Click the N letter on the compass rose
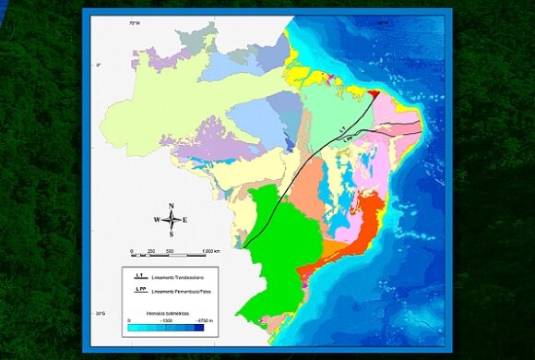[x=172, y=206]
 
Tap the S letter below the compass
[x=172, y=234]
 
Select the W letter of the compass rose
[x=157, y=220]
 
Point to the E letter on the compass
[x=184, y=220]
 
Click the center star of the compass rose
[x=171, y=220]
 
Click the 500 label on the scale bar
[x=170, y=251]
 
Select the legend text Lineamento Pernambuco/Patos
[x=190, y=292]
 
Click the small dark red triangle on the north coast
[x=373, y=92]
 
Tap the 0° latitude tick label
[x=98, y=64]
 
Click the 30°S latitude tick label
[x=98, y=316]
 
